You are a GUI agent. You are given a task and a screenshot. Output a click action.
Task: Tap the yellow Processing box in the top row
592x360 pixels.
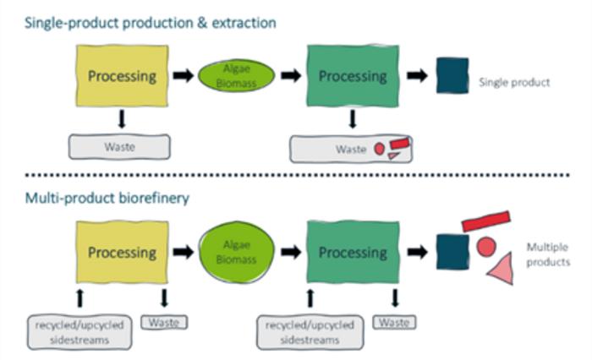point(122,75)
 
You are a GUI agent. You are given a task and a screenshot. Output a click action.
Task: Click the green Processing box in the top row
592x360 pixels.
point(352,75)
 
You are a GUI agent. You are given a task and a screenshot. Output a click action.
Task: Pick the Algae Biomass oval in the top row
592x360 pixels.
point(237,75)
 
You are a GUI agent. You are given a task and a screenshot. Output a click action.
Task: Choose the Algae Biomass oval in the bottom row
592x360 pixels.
point(237,252)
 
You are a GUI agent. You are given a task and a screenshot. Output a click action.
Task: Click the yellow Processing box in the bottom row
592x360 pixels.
point(122,252)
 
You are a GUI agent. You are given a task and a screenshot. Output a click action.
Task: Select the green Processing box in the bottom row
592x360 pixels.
point(352,252)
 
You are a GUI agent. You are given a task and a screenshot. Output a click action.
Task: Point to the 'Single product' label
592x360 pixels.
point(514,82)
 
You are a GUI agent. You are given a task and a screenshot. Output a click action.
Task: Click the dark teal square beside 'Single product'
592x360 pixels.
point(452,75)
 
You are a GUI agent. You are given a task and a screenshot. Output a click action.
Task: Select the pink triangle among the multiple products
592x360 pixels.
point(500,270)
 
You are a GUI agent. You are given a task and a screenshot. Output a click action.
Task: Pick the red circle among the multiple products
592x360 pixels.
point(485,247)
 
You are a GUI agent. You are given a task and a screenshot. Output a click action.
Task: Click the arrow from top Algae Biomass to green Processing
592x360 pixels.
point(291,75)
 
